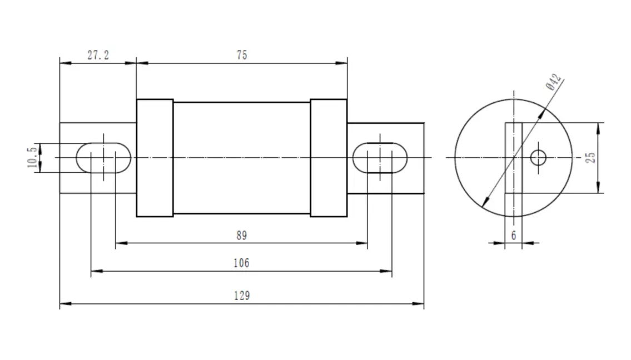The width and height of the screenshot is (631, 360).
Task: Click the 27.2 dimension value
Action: (x=98, y=55)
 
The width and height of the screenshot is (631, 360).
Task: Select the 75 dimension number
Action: (x=241, y=55)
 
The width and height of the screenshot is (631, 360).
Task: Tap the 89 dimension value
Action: (x=241, y=235)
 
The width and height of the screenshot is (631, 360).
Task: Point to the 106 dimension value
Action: (x=241, y=263)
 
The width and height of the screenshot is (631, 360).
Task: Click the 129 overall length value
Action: (x=241, y=296)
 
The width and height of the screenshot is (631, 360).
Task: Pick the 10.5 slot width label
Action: (x=33, y=158)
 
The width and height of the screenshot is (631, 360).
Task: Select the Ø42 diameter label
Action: (x=554, y=82)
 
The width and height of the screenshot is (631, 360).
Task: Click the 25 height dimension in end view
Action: (x=592, y=158)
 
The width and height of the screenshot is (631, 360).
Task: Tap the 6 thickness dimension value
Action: (x=514, y=235)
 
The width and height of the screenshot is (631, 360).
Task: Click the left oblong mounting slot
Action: (x=103, y=158)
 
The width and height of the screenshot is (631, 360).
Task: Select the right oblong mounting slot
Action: (x=380, y=158)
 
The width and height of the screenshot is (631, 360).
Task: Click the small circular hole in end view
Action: (x=538, y=158)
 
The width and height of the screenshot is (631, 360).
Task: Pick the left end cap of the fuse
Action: (x=155, y=158)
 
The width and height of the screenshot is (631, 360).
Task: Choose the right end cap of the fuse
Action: (x=329, y=158)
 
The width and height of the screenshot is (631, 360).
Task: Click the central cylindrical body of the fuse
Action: (x=241, y=158)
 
